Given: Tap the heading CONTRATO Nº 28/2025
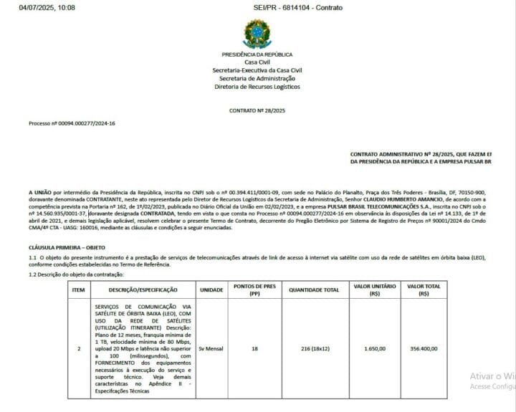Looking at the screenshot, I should (257, 111).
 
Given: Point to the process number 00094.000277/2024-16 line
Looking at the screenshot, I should (72, 123).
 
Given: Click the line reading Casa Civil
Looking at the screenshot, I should (257, 62).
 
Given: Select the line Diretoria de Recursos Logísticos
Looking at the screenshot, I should (257, 87).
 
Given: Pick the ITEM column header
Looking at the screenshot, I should (78, 289).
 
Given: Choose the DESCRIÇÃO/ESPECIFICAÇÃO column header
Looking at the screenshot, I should (143, 289).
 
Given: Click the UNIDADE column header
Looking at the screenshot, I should (211, 289).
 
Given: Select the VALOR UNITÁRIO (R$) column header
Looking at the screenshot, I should (374, 289).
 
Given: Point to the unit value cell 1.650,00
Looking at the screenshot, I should (374, 349).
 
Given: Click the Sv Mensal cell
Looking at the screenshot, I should (211, 349).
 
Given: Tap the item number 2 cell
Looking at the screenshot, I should (78, 349).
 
